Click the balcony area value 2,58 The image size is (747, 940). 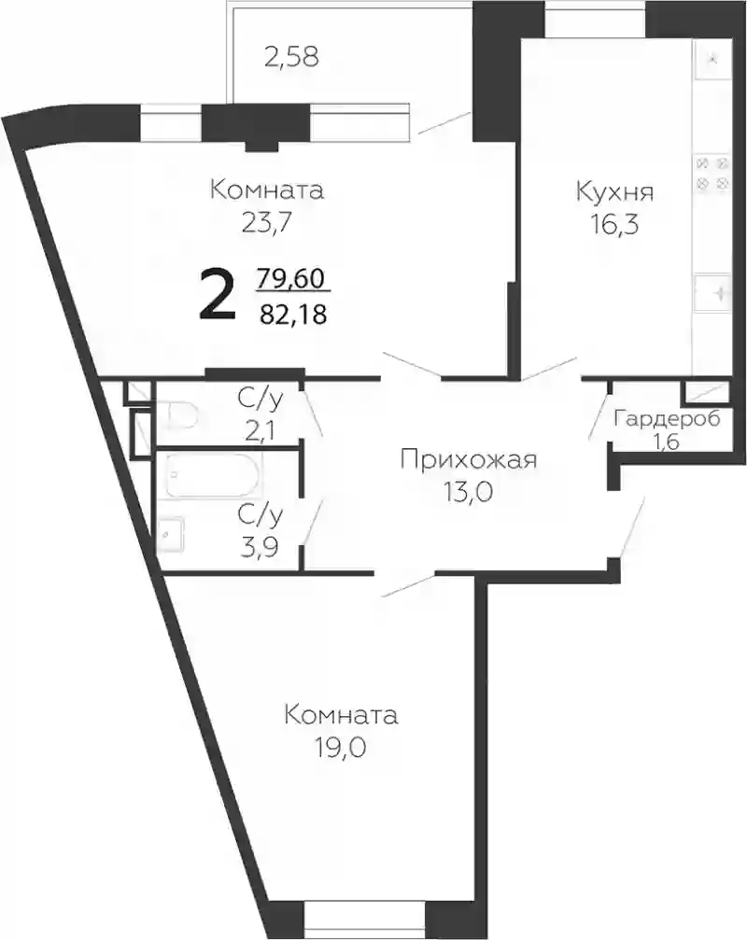pos(291,58)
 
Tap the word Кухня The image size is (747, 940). pos(614,192)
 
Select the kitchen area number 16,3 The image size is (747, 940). pos(614,225)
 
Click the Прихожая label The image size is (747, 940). pos(468,460)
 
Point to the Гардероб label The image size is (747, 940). pos(667,418)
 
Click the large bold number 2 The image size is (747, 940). pos(217,296)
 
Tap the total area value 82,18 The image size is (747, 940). pos(293,313)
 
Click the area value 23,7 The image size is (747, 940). pos(267,224)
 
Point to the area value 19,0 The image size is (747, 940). pos(341,748)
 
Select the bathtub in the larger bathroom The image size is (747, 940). pos(213,475)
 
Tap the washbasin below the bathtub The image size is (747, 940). pos(171,535)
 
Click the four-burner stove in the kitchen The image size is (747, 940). pos(712,174)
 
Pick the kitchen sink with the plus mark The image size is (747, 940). pos(712,293)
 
